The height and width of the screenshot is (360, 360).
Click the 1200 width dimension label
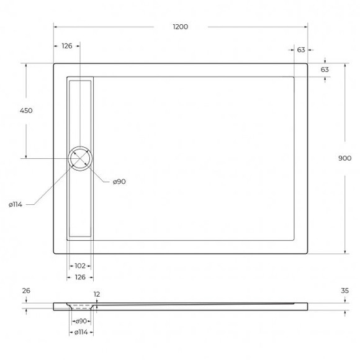pyautogui.click(x=181, y=27)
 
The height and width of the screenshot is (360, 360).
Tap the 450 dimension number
pyautogui.click(x=26, y=110)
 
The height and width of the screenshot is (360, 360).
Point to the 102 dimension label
pyautogui.click(x=80, y=266)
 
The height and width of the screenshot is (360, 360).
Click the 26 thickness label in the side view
pyautogui.click(x=25, y=290)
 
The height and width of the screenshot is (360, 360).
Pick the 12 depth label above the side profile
pyautogui.click(x=97, y=294)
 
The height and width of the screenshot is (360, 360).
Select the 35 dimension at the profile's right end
pyautogui.click(x=345, y=290)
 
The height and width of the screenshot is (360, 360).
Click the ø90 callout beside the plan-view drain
pyautogui.click(x=119, y=181)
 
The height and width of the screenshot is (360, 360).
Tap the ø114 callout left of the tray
pyautogui.click(x=16, y=204)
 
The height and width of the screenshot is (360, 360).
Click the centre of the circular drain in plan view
pyautogui.click(x=81, y=158)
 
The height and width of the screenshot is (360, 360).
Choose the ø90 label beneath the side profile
pyautogui.click(x=81, y=322)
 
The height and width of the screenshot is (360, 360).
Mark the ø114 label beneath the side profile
pyautogui.click(x=81, y=333)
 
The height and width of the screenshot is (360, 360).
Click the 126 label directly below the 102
pyautogui.click(x=80, y=277)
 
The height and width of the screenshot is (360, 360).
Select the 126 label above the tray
pyautogui.click(x=67, y=46)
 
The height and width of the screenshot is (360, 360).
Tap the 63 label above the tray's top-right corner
pyautogui.click(x=300, y=50)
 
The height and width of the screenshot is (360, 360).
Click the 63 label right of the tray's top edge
pyautogui.click(x=325, y=70)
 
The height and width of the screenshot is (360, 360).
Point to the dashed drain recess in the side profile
pyautogui.click(x=81, y=306)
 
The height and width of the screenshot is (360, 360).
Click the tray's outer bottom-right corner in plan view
pyautogui.click(x=308, y=253)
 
